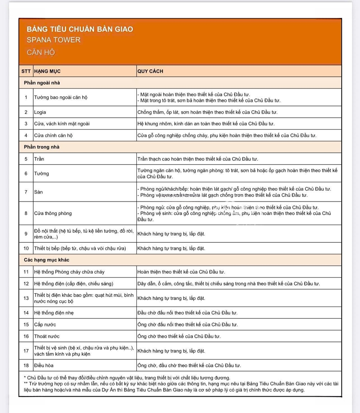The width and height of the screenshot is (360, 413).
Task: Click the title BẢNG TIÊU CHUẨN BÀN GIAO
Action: [x=80, y=29]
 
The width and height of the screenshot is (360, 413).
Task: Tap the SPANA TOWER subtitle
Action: [x=54, y=40]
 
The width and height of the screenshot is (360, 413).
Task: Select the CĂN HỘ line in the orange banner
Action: [x=41, y=52]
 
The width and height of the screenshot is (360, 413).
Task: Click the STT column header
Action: [x=26, y=71]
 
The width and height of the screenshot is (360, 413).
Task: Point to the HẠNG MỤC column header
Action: [x=47, y=71]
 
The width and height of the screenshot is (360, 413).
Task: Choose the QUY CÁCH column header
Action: [x=150, y=71]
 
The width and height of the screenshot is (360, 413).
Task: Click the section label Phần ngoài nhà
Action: [x=42, y=83]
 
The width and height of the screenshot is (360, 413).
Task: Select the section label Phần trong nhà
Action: [x=42, y=147]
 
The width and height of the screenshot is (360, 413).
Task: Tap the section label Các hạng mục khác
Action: [x=47, y=260]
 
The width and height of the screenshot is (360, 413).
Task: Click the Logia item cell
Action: [x=40, y=112]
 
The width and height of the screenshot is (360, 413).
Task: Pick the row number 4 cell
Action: [x=26, y=135]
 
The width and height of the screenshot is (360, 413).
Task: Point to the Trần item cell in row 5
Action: [x=39, y=159]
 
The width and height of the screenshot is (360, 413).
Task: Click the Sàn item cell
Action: [x=39, y=192]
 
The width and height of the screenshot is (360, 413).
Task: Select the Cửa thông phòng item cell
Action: [x=53, y=213]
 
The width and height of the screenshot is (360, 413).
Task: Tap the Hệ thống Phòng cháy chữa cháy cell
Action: [x=69, y=272]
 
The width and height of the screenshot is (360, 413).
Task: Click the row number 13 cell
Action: [x=26, y=298]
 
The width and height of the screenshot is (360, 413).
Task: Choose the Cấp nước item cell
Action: [x=45, y=325]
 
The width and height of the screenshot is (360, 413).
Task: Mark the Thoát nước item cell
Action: [x=47, y=337]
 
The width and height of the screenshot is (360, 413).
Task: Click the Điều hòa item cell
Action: [x=44, y=366]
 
